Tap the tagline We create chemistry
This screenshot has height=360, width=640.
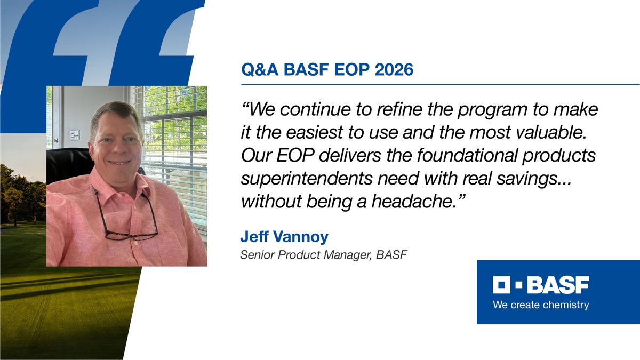pyautogui.click(x=541, y=306)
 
